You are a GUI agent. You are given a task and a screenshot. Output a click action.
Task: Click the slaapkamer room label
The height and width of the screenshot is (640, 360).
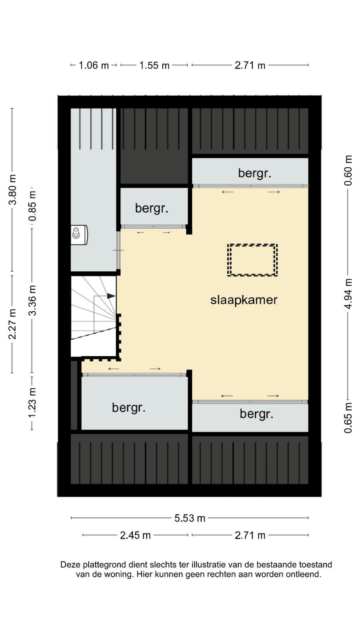(x=244, y=300)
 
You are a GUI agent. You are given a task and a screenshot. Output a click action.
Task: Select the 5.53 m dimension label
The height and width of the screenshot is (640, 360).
(x=190, y=518)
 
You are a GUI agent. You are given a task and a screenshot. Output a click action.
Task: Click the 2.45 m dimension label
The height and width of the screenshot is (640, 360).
(x=135, y=535)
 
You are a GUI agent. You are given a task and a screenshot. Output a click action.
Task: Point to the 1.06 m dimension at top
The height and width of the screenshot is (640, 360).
(x=94, y=66)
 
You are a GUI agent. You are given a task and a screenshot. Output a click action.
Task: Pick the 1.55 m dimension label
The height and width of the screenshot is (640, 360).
(x=154, y=66)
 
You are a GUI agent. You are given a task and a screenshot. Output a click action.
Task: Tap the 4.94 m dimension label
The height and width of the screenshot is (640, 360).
(x=348, y=294)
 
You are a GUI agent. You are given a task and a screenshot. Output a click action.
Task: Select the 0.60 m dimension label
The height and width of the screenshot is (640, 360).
(x=348, y=170)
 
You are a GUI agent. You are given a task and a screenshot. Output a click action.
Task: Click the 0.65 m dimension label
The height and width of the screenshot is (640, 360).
(x=348, y=418)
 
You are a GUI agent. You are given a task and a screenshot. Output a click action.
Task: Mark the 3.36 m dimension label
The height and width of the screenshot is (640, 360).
(x=32, y=300)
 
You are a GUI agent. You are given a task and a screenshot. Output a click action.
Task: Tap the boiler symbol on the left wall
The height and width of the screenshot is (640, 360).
(x=79, y=235)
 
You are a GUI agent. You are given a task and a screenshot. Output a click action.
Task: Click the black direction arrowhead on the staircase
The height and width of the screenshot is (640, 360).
(x=111, y=296)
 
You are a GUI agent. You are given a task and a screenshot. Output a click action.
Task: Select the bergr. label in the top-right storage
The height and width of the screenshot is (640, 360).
(x=254, y=173)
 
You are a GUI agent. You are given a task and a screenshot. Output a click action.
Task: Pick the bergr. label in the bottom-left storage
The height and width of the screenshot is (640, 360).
(x=128, y=408)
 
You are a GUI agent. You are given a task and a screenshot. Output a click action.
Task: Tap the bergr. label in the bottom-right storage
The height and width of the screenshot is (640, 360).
(x=256, y=414)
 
